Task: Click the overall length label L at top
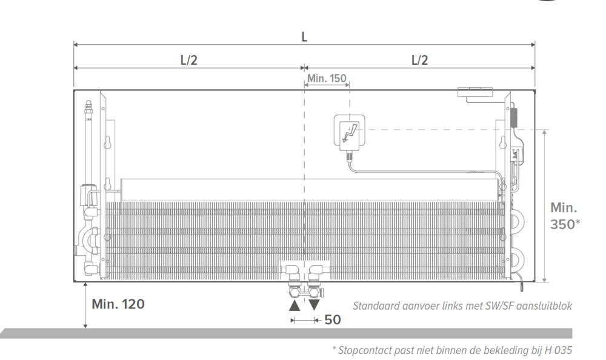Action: click(x=304, y=37)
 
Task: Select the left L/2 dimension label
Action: click(x=189, y=60)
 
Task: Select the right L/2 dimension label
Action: click(x=420, y=60)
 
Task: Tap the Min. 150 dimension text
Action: click(x=327, y=78)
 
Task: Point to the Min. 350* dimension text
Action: click(x=565, y=216)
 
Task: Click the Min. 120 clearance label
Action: click(x=118, y=304)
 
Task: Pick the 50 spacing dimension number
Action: click(x=333, y=320)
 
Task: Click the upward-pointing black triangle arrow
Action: click(x=295, y=305)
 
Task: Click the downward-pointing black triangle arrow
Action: click(x=314, y=305)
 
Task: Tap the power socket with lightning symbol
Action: click(x=350, y=132)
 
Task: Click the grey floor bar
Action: click(x=286, y=333)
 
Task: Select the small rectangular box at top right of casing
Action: click(x=475, y=92)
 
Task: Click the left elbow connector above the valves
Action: click(x=291, y=272)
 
